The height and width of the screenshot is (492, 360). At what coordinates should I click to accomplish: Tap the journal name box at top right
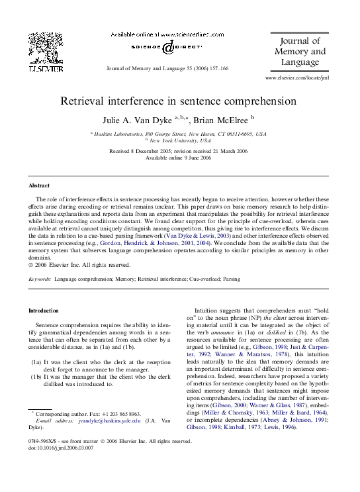pos(298,52)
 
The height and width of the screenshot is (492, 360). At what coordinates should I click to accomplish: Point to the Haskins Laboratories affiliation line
pos(179,133)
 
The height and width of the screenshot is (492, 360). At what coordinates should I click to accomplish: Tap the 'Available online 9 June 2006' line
pos(179,158)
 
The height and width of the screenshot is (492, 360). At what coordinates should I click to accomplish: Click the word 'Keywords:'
pos(40,280)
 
